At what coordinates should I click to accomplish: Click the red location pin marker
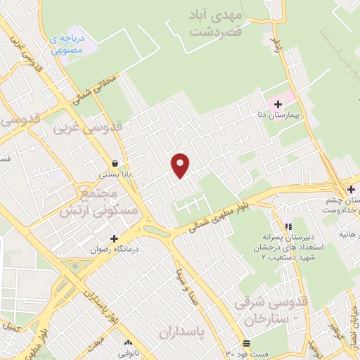point(181,165)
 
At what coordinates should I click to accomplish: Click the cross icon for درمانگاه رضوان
point(113,238)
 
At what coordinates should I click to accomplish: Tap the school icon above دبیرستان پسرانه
point(287,226)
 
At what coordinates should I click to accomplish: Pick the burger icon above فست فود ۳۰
point(246,343)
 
